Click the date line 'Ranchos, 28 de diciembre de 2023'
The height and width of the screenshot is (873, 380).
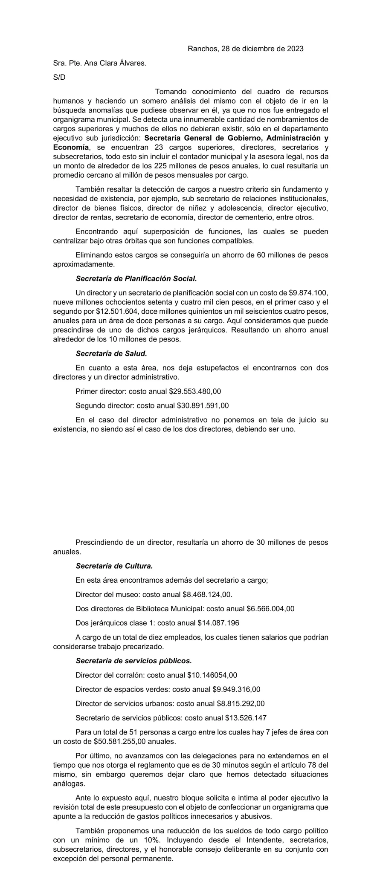pos(245,49)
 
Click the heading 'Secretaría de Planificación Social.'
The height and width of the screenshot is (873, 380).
pos(136,279)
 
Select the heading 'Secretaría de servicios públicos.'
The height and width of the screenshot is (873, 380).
pos(133,661)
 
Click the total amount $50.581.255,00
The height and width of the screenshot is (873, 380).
pos(113,741)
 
